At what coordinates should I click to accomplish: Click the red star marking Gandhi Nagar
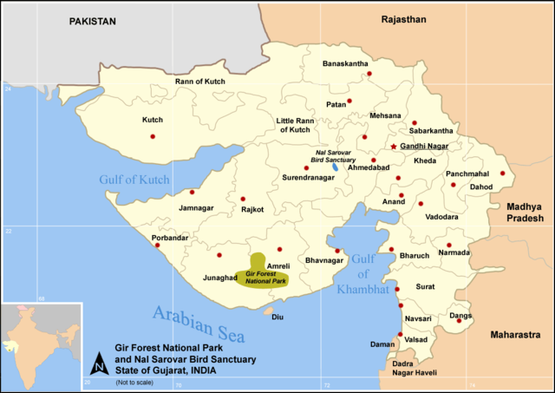pyautogui.click(x=393, y=147)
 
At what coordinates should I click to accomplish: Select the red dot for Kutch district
pyautogui.click(x=153, y=136)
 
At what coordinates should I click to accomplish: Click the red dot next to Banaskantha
pyautogui.click(x=369, y=75)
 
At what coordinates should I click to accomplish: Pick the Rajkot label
pyautogui.click(x=252, y=209)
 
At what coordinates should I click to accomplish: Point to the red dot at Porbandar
pyautogui.click(x=157, y=245)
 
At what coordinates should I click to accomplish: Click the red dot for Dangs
pyautogui.click(x=459, y=321)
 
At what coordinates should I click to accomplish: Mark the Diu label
pyautogui.click(x=277, y=317)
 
